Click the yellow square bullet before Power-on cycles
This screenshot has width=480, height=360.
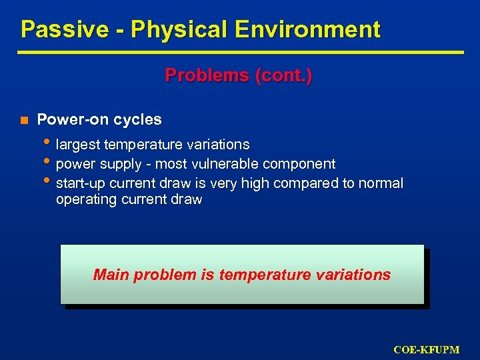[23, 120]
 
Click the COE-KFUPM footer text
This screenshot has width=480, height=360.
[427, 349]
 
